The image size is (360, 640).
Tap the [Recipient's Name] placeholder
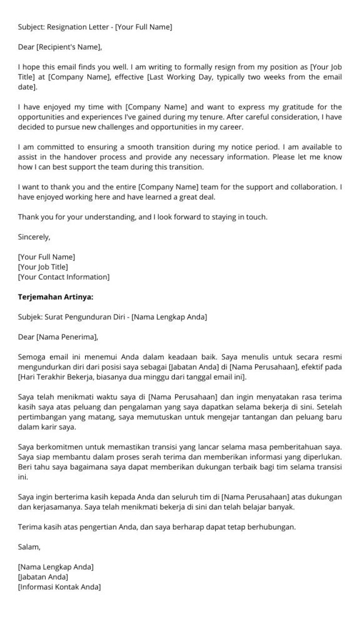pos(69,47)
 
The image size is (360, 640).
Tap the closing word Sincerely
pos(34,237)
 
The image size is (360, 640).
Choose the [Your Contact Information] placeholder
pos(64,277)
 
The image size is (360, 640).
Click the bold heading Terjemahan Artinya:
pos(56,297)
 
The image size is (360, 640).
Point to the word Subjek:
pos(31,317)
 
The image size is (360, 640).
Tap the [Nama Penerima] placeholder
pos(67,337)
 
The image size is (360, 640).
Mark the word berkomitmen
pos(58,447)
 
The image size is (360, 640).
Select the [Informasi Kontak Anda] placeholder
pos(59,587)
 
